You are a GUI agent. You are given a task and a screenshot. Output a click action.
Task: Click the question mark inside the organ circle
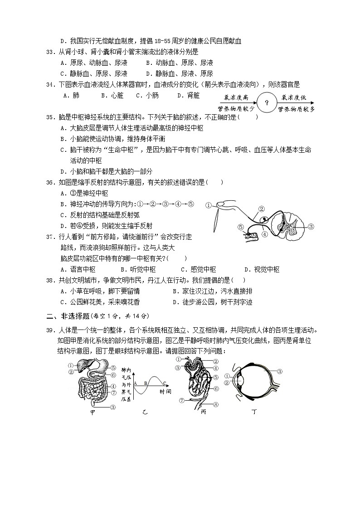point(267,103)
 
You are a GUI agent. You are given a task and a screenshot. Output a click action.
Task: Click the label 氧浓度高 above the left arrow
point(236,97)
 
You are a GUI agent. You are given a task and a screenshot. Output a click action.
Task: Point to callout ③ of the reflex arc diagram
point(311,226)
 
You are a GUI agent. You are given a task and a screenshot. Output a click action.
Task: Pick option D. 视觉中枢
point(262,269)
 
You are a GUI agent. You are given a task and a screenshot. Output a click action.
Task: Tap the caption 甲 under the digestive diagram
point(92,412)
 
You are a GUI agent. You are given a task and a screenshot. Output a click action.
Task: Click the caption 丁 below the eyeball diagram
point(254,412)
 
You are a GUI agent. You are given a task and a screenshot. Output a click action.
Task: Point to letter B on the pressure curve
point(146,383)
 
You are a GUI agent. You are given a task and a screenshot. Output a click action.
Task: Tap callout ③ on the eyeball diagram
point(280,371)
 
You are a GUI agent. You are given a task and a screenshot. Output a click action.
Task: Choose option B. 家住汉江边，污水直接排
point(213,291)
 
